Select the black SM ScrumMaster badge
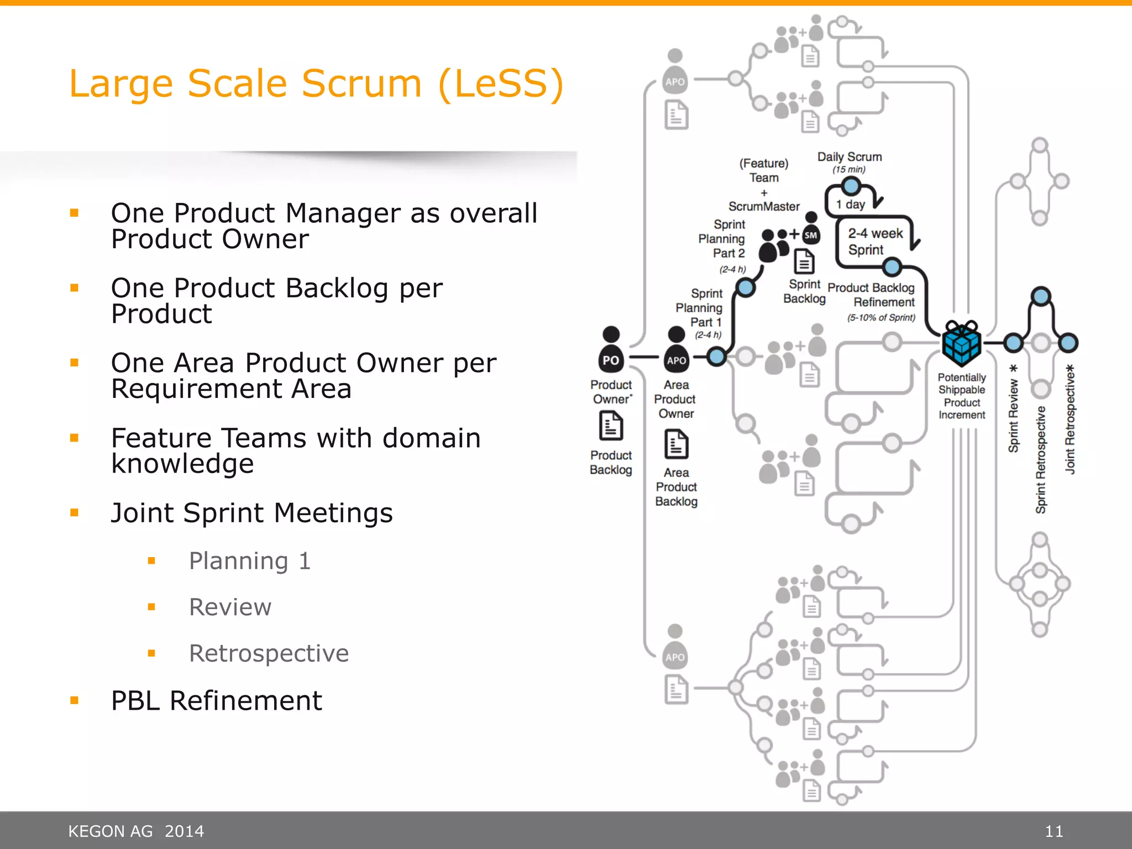811,234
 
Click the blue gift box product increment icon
962,343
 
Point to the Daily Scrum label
850,157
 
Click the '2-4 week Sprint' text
875,242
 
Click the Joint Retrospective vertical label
1070,419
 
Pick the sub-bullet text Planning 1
250,561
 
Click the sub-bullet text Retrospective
269,653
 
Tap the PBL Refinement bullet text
216,701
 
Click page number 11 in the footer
1054,831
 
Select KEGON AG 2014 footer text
136,831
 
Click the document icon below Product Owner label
611,426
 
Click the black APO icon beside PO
676,353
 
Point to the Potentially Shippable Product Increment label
962,396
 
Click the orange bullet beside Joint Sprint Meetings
75,512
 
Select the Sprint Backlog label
804,291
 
